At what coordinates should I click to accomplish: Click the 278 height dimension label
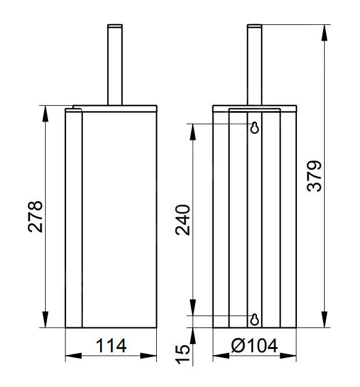point(35,217)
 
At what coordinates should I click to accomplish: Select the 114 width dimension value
point(111,346)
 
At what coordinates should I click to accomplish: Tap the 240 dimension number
point(182,220)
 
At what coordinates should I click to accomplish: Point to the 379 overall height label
point(314,176)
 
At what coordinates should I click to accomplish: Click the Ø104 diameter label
point(254,345)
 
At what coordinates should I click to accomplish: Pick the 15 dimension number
point(182,355)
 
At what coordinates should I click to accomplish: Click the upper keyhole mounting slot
point(255,128)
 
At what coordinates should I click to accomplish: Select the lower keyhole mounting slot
point(255,320)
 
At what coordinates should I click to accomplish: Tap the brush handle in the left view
point(115,65)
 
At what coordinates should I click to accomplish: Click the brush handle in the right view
point(255,65)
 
